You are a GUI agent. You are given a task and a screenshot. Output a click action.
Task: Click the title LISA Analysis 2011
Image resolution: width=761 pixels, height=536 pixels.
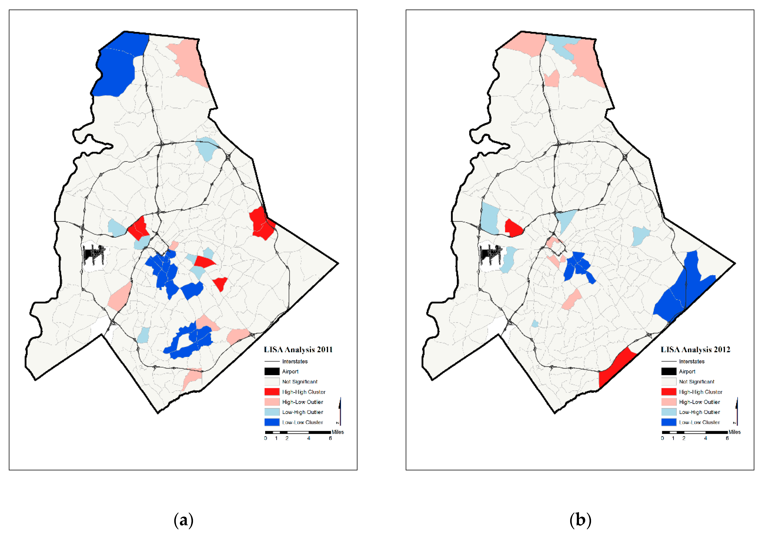pyautogui.click(x=298, y=350)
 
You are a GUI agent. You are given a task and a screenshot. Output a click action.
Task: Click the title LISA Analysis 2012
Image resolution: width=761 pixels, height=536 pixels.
pyautogui.click(x=695, y=350)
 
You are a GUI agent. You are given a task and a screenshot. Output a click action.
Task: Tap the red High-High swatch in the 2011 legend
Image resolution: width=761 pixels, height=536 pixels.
pyautogui.click(x=272, y=392)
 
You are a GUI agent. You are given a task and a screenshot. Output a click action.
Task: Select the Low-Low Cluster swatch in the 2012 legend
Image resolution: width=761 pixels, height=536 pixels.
pyautogui.click(x=669, y=422)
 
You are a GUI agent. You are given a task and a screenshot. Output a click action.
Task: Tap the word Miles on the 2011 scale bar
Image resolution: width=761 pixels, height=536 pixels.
pyautogui.click(x=338, y=432)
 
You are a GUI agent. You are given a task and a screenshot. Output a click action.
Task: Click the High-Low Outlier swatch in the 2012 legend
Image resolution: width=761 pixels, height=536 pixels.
pyautogui.click(x=669, y=402)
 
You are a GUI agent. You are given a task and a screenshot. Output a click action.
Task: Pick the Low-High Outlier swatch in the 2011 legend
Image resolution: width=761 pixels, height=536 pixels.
pyautogui.click(x=272, y=412)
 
